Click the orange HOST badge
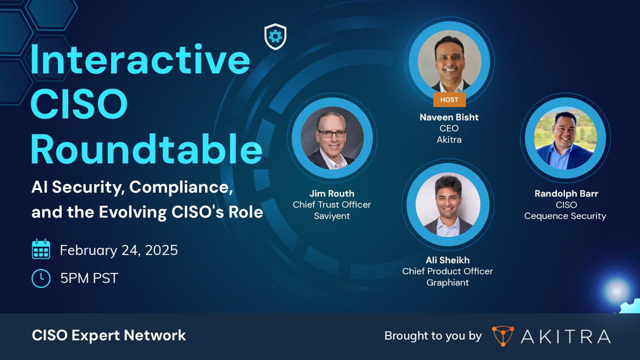(449, 99)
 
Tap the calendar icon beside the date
(41, 249)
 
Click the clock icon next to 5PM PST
(41, 278)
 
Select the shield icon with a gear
(275, 36)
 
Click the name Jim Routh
(331, 193)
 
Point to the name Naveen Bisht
(449, 117)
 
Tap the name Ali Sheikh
(447, 260)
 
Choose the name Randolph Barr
(566, 193)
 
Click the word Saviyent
(331, 216)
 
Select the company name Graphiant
(447, 282)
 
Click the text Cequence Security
(565, 216)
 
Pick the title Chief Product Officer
(447, 271)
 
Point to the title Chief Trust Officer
(331, 204)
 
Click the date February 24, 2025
(118, 250)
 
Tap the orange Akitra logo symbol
(502, 336)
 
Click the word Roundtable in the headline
(146, 148)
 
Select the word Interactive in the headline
(140, 59)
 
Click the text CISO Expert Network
(108, 335)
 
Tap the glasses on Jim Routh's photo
(331, 133)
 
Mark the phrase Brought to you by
(432, 336)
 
